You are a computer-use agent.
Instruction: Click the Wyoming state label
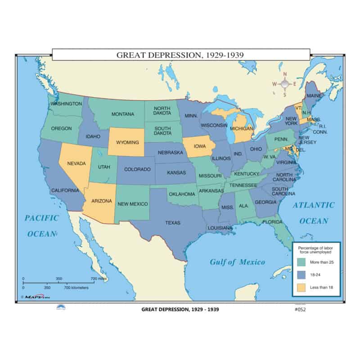(127, 142)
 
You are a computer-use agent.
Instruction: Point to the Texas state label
(173, 223)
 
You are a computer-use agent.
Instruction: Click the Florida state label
(273, 222)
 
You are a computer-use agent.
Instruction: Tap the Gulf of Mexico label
(238, 262)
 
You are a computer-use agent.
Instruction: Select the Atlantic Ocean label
(314, 213)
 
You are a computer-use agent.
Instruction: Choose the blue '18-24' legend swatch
(301, 274)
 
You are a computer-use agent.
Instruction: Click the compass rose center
(284, 83)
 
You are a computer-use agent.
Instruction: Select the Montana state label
(123, 114)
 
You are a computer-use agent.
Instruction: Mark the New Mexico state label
(133, 204)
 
